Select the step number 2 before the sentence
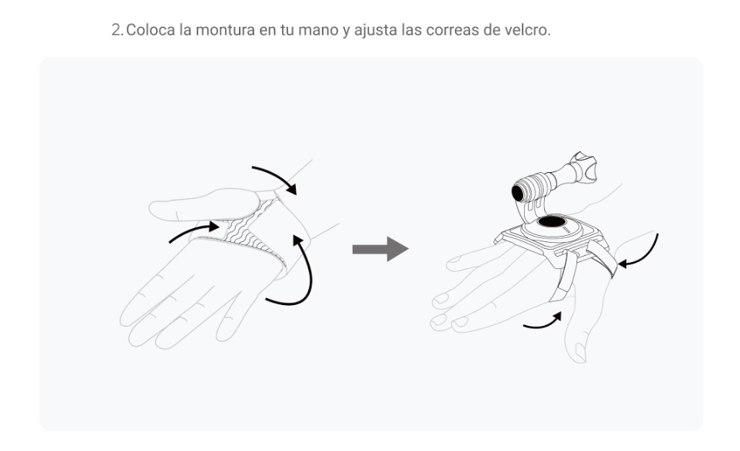point(116,30)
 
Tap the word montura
point(225,30)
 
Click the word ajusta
point(376,30)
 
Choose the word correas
point(452,30)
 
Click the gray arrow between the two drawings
point(380,249)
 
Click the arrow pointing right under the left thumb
point(193,231)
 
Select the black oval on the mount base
point(551,222)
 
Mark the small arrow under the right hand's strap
point(543,321)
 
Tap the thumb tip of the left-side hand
point(156,210)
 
